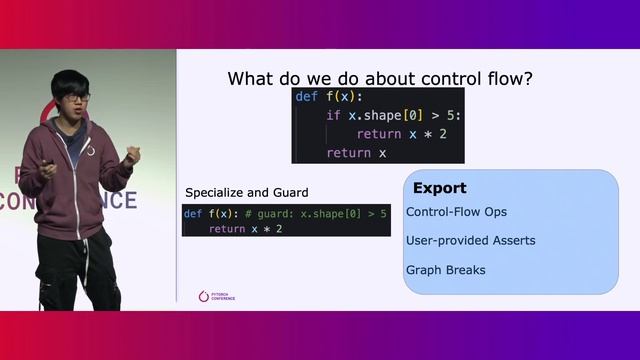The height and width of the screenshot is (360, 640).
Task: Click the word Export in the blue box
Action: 439,188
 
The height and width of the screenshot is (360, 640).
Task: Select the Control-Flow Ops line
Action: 456,212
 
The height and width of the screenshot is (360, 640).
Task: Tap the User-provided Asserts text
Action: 470,241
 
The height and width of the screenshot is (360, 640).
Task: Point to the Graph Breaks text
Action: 445,270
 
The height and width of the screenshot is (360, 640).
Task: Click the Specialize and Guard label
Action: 247,192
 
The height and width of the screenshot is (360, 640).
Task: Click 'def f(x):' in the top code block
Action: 321,97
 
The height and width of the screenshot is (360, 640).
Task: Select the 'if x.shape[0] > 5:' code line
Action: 393,116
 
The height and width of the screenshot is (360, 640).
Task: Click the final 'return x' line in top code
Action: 355,153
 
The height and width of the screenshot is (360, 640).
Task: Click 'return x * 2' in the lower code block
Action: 245,229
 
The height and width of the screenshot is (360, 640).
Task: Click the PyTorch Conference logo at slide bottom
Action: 217,297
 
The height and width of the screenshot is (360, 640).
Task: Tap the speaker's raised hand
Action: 131,155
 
